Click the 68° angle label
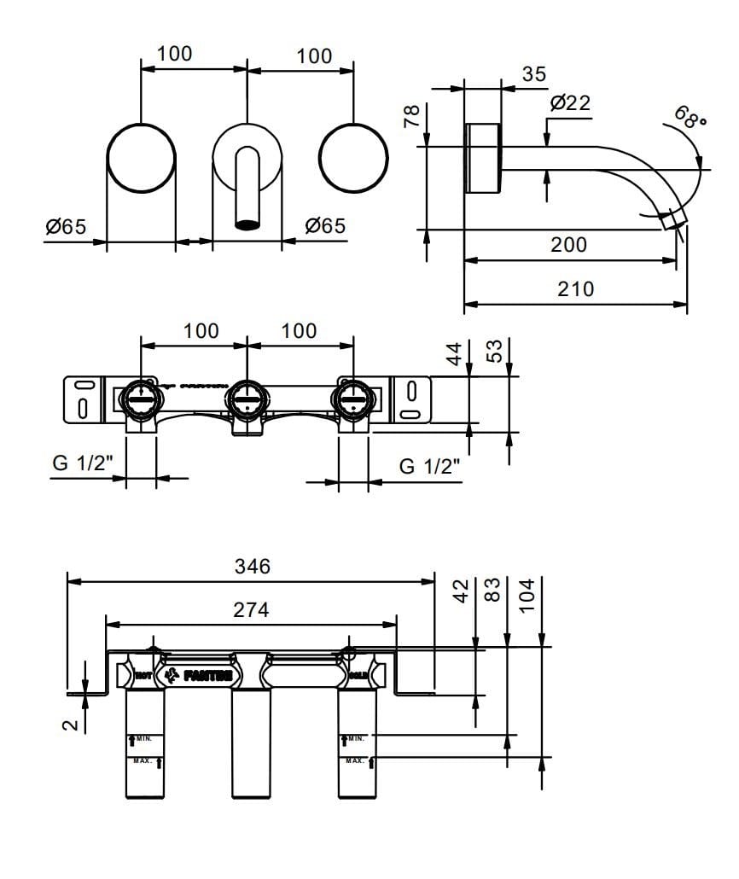pos(690,116)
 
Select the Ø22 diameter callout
pos(570,103)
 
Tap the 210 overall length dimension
pos(575,289)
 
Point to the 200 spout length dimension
pos(568,245)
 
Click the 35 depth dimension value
pos(533,75)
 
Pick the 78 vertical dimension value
pos(410,117)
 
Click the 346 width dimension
pos(252,567)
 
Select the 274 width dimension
pos(251,610)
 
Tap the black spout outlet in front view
pos(247,226)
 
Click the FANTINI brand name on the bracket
pos(207,675)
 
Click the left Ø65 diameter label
pos(66,227)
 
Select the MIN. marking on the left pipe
pos(142,738)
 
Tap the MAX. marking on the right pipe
pos(354,760)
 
